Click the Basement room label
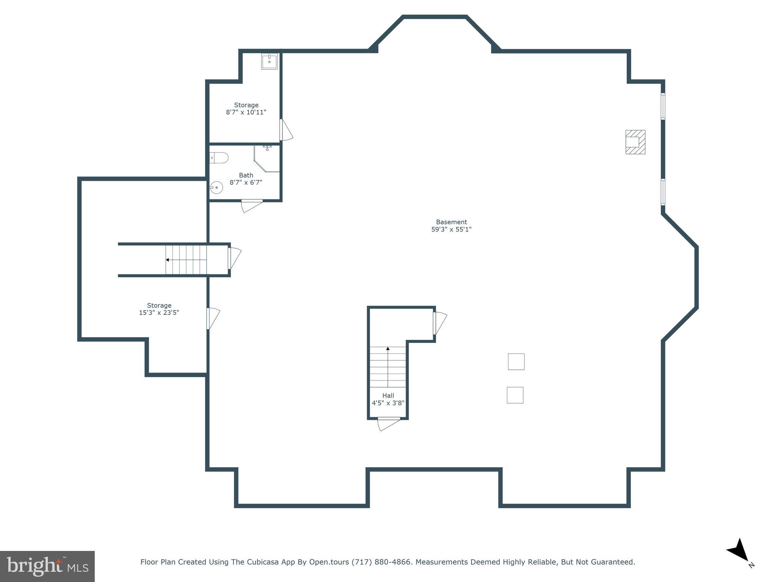[451, 222]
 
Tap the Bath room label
[246, 175]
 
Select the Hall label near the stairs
[388, 396]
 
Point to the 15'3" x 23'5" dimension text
[159, 313]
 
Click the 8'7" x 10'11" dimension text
[246, 112]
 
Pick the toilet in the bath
[219, 158]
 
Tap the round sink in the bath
[216, 187]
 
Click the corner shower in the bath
[267, 159]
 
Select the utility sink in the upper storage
[269, 61]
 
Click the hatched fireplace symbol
[635, 142]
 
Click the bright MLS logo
[47, 566]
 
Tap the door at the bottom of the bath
[252, 205]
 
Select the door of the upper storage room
[286, 130]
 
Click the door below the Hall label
[389, 424]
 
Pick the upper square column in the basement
[516, 361]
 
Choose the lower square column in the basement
[515, 395]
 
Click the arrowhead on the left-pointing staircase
[167, 260]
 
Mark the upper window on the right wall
[663, 106]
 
